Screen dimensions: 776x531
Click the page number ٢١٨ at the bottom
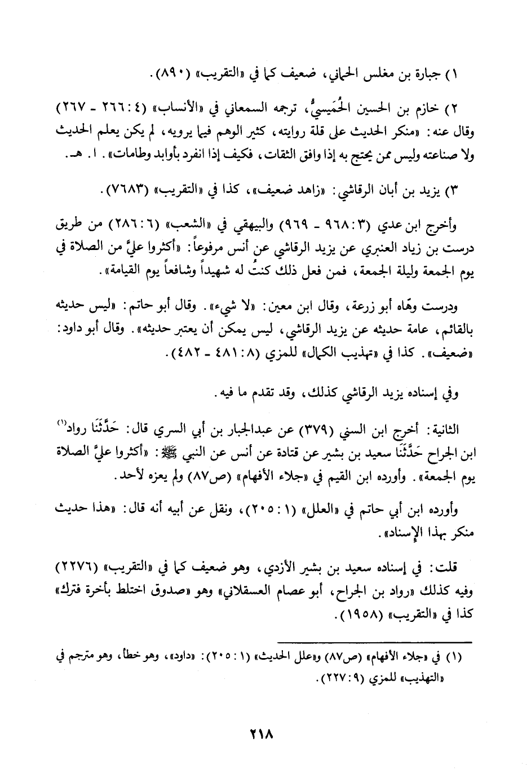[260, 735]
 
